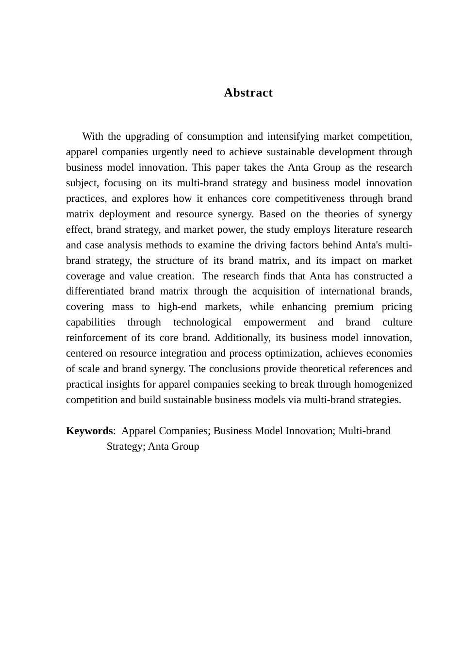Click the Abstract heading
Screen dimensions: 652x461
click(248, 93)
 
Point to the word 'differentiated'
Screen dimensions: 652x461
click(95, 291)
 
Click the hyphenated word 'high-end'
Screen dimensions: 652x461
click(177, 307)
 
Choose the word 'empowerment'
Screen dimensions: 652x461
click(275, 322)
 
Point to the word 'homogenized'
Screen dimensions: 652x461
click(383, 384)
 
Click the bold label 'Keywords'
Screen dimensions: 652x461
click(89, 431)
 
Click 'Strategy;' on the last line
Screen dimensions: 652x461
click(126, 446)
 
